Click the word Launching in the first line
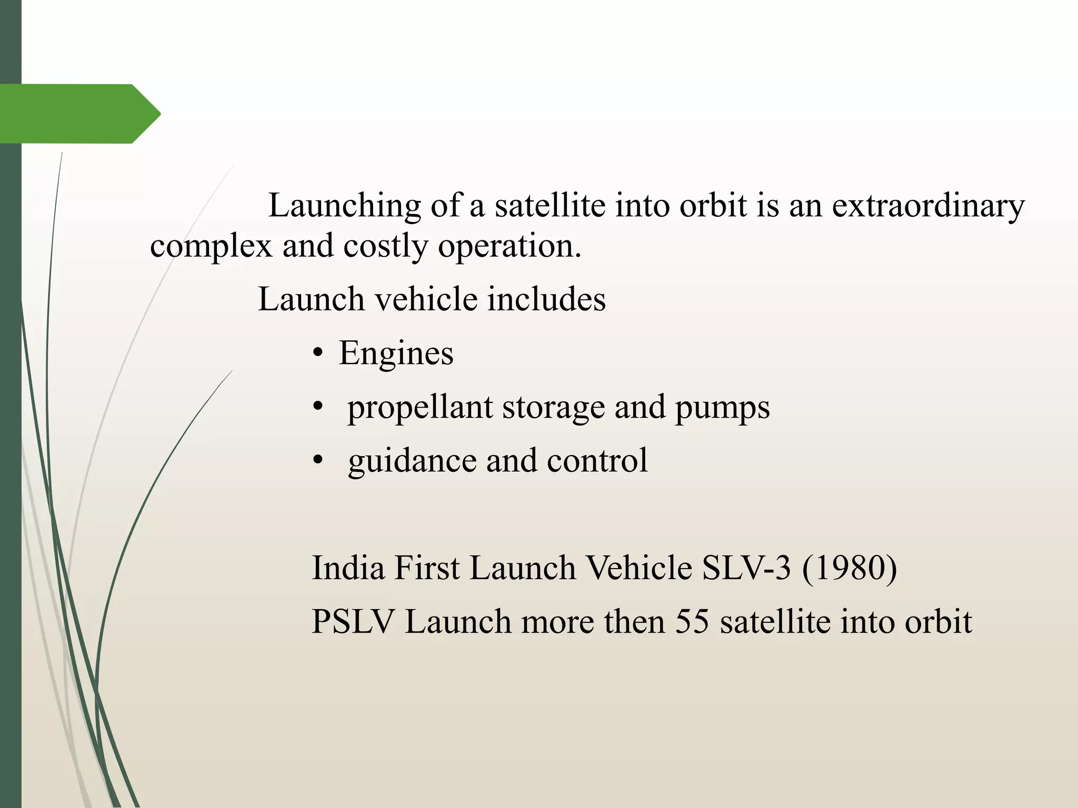tap(344, 206)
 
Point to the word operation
tap(510, 246)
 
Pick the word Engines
tap(396, 353)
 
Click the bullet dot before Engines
tap(317, 354)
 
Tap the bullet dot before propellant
tap(317, 408)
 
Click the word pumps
tap(722, 408)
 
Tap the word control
tap(597, 460)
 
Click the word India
tap(348, 568)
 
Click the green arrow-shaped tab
tap(79, 114)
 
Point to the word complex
tap(211, 246)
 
